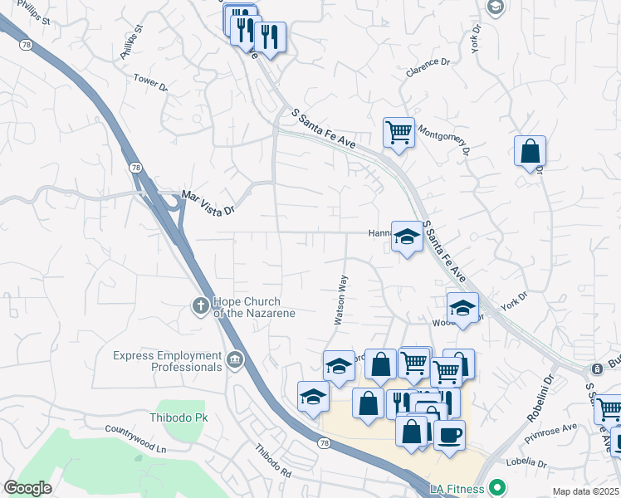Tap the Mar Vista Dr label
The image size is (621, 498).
(x=208, y=204)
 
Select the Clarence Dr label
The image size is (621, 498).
(x=428, y=67)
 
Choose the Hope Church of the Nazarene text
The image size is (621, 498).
(x=247, y=307)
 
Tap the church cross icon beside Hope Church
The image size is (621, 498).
(x=200, y=307)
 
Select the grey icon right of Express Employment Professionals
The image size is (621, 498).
(x=235, y=359)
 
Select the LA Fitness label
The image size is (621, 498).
(x=457, y=487)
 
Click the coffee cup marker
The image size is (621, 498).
(x=449, y=434)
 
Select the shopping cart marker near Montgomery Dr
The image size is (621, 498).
(x=399, y=131)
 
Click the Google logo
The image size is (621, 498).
(x=27, y=488)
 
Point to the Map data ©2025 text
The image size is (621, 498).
(x=585, y=491)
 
